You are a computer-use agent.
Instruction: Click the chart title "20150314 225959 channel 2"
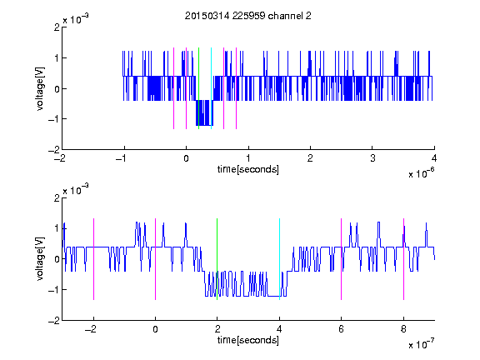tap(248, 16)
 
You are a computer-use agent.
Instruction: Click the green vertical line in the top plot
tap(198, 88)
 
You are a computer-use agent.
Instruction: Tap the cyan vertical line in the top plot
tap(211, 88)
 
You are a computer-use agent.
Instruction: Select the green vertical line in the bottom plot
tap(217, 259)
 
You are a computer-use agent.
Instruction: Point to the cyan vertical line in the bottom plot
tap(279, 259)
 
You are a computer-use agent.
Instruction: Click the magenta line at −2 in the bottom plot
tap(93, 259)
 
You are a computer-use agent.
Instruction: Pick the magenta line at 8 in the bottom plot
tap(404, 259)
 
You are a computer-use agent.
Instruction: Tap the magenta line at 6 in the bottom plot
tap(342, 259)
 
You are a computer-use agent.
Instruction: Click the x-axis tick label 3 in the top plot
tap(372, 158)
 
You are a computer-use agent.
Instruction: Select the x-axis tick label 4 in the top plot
tap(434, 158)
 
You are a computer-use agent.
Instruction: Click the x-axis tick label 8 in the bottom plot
tap(404, 329)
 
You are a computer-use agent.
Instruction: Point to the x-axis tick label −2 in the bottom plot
tap(91, 329)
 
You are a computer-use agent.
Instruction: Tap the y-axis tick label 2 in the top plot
tap(57, 27)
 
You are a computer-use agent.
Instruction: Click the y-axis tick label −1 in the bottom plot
tap(54, 290)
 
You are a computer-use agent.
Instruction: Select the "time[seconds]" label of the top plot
tap(248, 169)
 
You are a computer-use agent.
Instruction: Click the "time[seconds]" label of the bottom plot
tap(248, 340)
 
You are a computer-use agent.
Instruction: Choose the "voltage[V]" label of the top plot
tap(40, 88)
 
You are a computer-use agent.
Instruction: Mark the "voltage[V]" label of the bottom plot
tap(40, 259)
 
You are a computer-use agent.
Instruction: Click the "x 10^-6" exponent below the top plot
tap(421, 173)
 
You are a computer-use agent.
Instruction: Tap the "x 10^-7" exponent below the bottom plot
tap(421, 344)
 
